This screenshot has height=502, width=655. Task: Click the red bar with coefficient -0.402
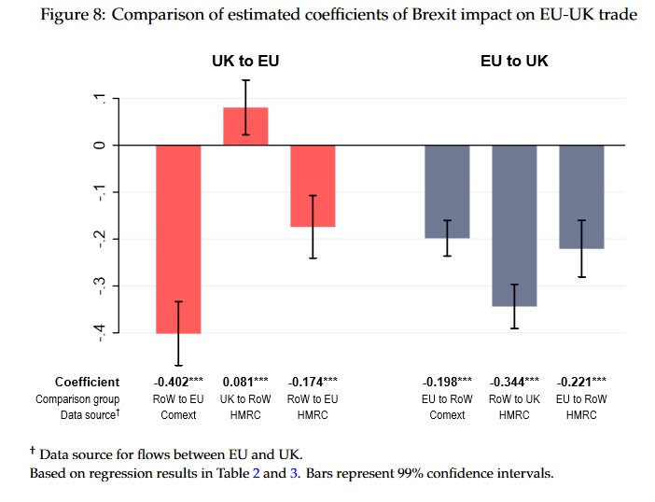(x=178, y=239)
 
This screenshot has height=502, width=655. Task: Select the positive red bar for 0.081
(x=245, y=126)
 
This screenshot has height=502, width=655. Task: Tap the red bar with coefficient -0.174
(x=313, y=186)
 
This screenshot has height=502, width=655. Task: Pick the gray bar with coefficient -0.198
(x=447, y=191)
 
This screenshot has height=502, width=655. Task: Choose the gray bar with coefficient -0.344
(x=514, y=226)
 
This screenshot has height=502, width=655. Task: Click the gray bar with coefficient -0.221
(x=581, y=197)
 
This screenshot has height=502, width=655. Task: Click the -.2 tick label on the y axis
(x=100, y=239)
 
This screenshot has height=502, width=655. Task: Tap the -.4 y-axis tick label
(x=100, y=333)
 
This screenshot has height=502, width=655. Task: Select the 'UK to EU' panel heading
(x=245, y=61)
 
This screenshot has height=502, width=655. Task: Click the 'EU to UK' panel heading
(x=514, y=61)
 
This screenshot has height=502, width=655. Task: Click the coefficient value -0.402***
(x=178, y=382)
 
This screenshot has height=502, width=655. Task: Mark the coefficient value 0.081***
(x=245, y=382)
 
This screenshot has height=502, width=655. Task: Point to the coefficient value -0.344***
(x=514, y=382)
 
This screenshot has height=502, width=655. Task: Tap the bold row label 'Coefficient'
(x=88, y=383)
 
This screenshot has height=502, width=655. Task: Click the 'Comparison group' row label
(x=77, y=399)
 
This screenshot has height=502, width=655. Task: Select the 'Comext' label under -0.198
(x=447, y=415)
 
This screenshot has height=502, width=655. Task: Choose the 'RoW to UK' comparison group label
(x=514, y=399)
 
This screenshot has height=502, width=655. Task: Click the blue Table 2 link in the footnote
(x=256, y=473)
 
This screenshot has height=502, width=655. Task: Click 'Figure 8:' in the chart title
(x=73, y=15)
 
